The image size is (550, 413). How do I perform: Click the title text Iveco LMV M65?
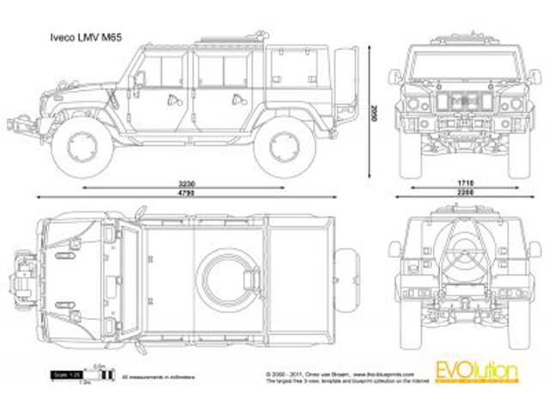click(x=71, y=39)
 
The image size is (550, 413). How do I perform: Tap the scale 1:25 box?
click(x=58, y=375)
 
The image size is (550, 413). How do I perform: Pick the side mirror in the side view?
click(x=138, y=78)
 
